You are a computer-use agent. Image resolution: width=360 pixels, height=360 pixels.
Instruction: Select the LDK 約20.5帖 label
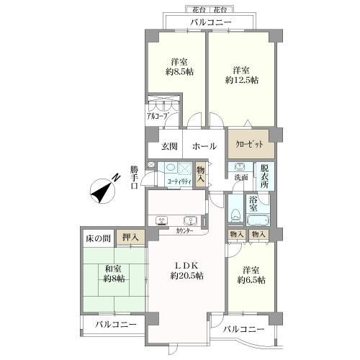click(x=186, y=270)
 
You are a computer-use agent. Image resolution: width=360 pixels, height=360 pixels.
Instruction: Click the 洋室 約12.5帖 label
click(x=240, y=76)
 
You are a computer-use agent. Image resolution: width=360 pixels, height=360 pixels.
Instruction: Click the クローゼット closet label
click(x=248, y=143)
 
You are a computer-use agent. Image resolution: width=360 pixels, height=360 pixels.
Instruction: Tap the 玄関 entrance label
click(x=169, y=146)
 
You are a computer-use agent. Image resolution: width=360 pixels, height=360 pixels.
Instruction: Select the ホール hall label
click(x=204, y=146)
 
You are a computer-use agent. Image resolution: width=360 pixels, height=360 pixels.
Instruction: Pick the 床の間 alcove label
click(x=96, y=236)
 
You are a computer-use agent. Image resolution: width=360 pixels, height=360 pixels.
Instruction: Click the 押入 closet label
click(x=130, y=236)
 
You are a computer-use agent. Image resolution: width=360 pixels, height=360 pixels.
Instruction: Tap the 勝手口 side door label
click(x=134, y=177)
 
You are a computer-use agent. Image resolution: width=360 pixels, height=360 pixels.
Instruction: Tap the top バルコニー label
click(x=210, y=23)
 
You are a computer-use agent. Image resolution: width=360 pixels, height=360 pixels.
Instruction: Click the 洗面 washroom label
click(x=240, y=177)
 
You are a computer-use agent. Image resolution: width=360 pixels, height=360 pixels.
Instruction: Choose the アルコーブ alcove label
click(x=158, y=114)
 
